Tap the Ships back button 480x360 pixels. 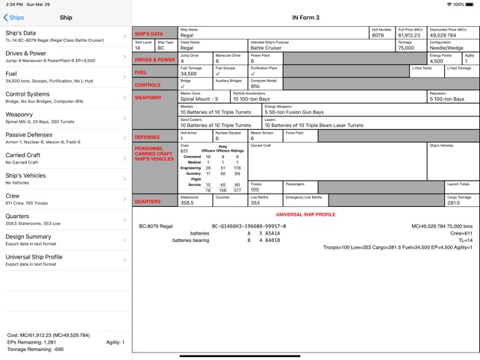[14, 17]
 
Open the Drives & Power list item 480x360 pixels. [65, 57]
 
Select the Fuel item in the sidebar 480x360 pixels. [65, 77]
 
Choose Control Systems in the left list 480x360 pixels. [65, 97]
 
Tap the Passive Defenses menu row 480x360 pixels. [65, 138]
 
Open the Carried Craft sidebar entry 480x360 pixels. [65, 158]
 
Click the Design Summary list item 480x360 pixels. [65, 240]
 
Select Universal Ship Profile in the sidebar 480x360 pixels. [65, 260]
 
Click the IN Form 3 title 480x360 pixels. [305, 17]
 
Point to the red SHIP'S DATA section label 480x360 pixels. [149, 34]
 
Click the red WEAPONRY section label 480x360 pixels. [148, 98]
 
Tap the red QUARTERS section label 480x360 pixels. [148, 202]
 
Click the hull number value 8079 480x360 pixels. [378, 35]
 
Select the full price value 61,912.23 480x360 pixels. [409, 35]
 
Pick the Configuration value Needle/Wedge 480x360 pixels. [446, 48]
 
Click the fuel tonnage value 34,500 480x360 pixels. [189, 73]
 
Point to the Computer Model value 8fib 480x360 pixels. [256, 86]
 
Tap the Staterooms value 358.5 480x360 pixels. [187, 202]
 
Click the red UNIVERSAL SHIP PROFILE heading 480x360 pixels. [305, 214]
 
